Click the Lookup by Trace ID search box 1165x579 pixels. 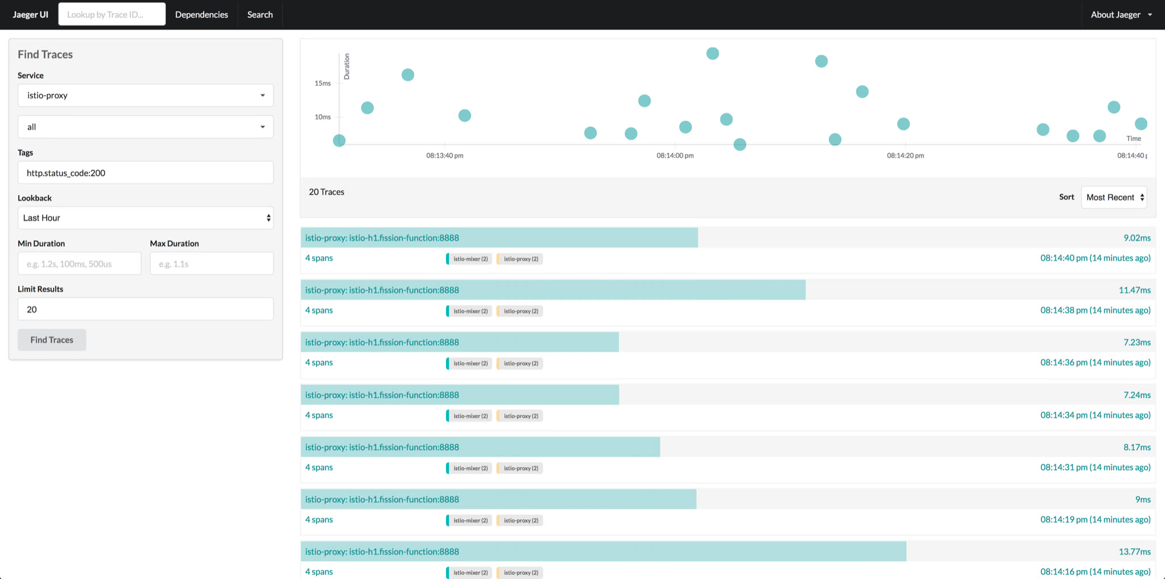pos(111,14)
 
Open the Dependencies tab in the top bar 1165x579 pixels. pos(201,14)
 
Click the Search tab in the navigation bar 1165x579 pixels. pos(260,14)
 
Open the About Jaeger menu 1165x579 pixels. pos(1121,14)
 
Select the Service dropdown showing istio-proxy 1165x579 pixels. pos(145,95)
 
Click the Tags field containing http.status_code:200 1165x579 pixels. pos(145,173)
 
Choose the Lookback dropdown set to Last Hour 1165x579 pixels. pos(145,217)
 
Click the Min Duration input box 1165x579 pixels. pos(79,264)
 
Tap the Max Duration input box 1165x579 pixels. pos(212,264)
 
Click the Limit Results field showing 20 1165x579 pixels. pos(145,309)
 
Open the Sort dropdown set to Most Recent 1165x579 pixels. pos(1113,197)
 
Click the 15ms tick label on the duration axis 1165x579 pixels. pos(323,83)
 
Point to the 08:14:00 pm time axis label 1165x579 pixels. pos(675,155)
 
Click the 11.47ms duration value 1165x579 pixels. pos(1134,290)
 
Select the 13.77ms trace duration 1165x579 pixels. pos(1134,551)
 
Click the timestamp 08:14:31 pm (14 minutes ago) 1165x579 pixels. pos(1095,467)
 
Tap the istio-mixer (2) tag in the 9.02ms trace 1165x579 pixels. pos(469,258)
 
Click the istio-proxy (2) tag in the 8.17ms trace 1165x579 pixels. pos(520,468)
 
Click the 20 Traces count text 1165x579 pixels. pos(327,192)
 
